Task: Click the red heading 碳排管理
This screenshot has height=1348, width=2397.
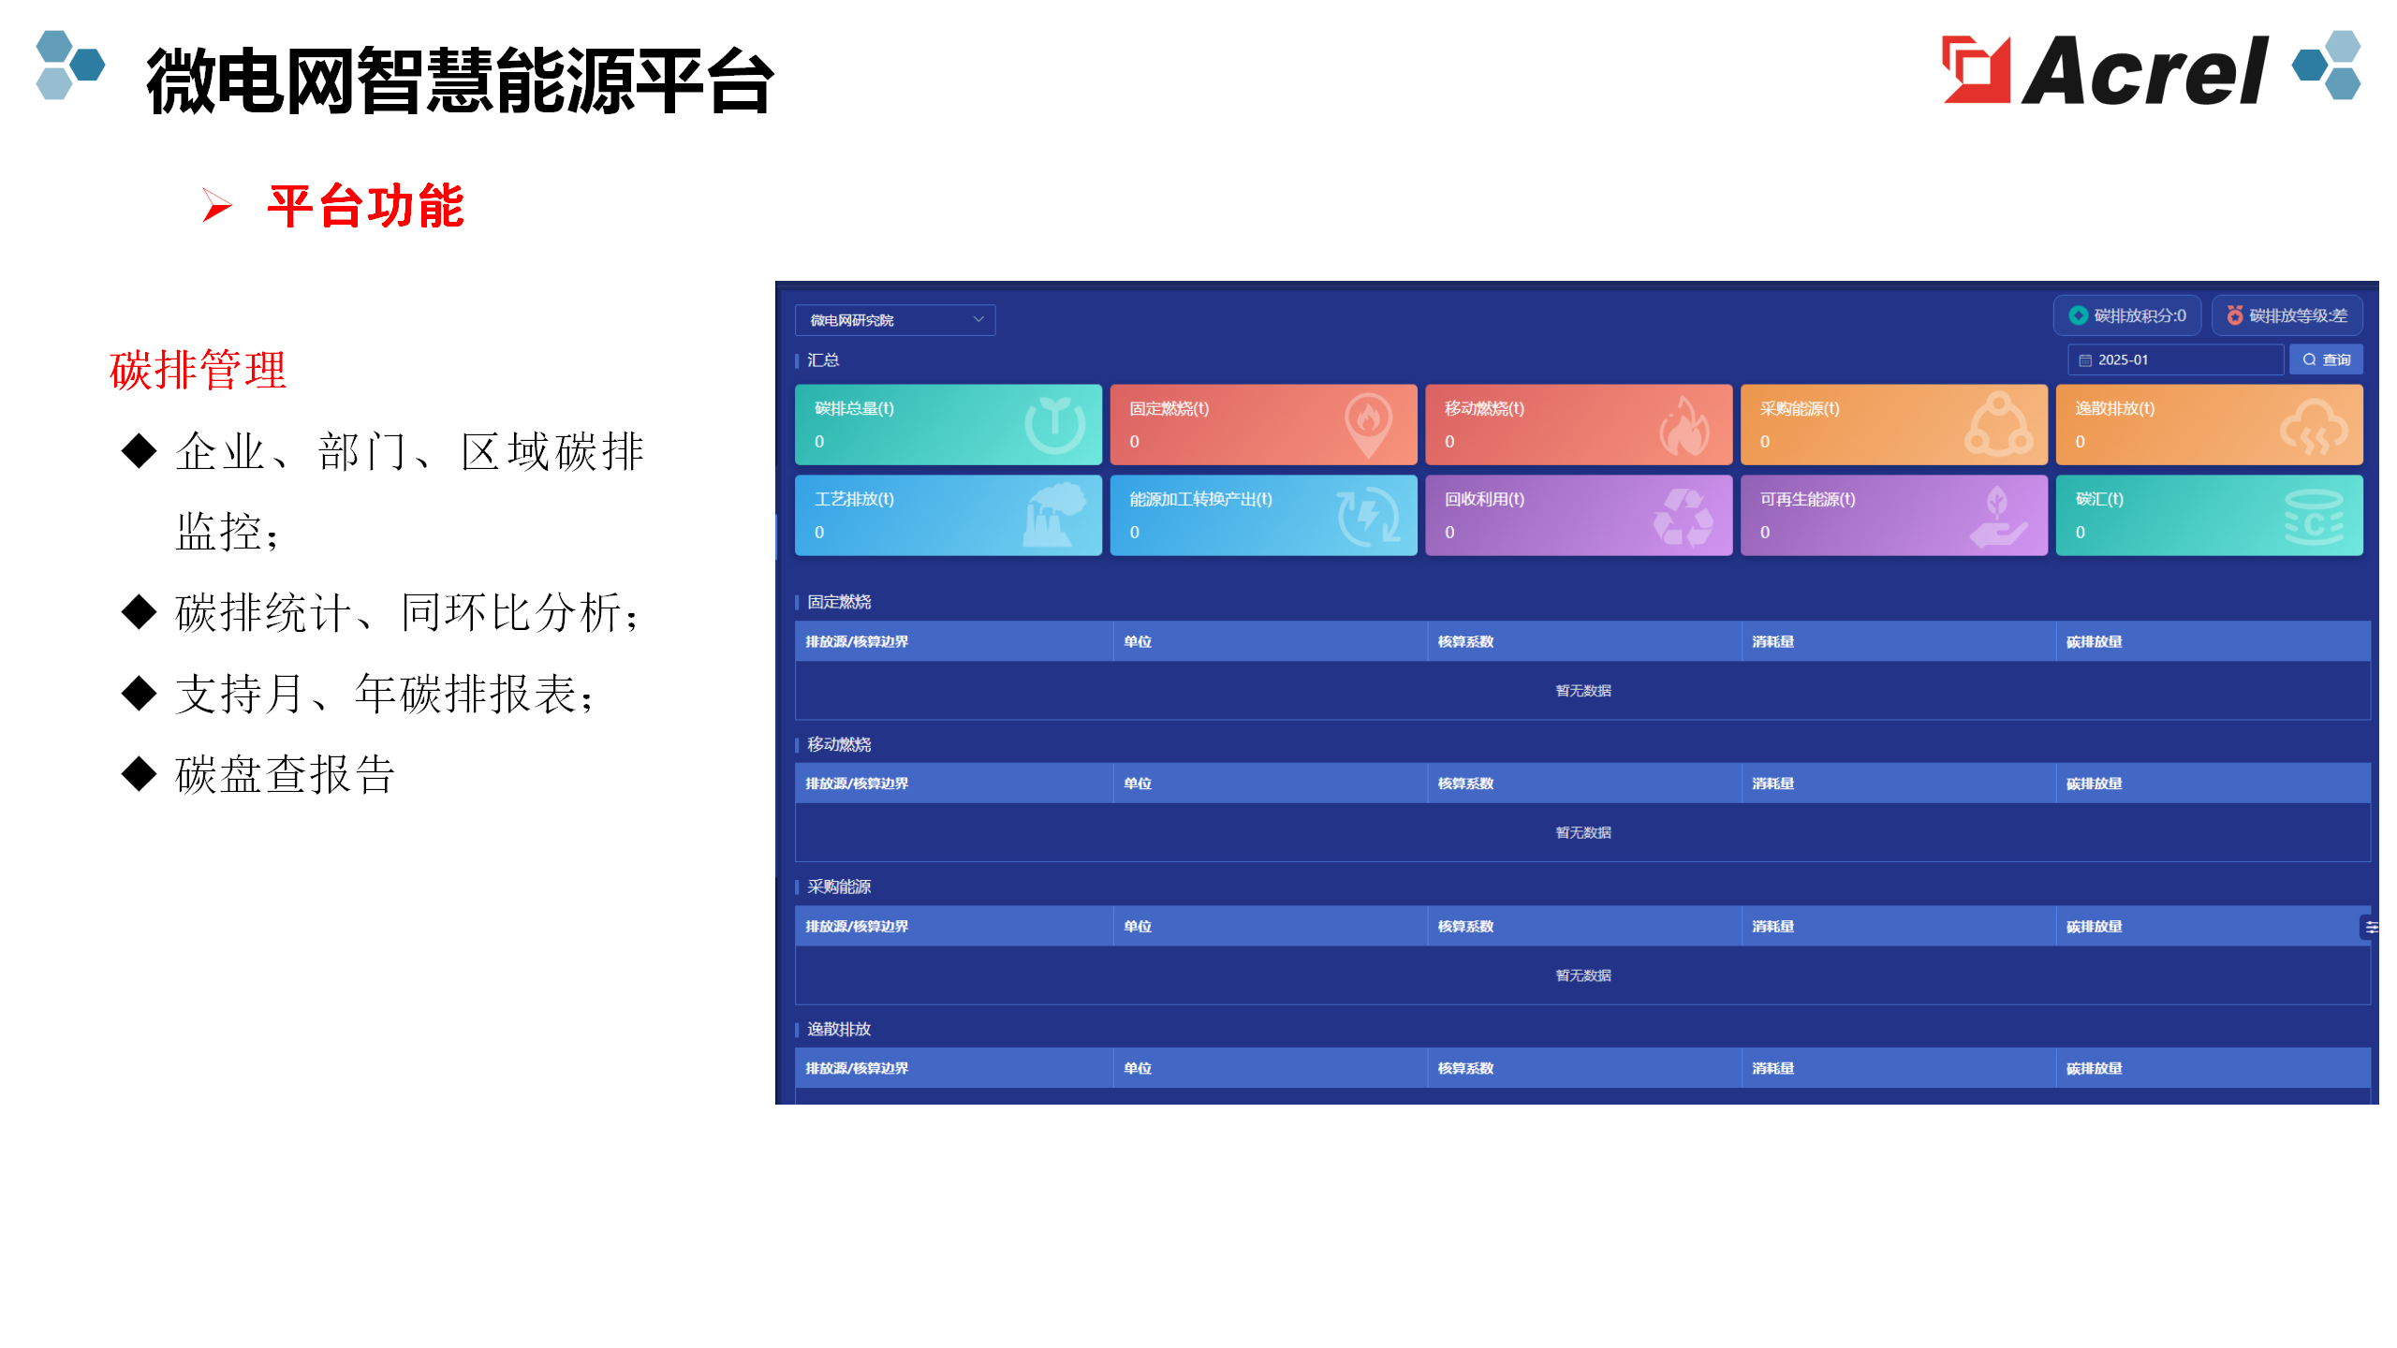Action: click(198, 370)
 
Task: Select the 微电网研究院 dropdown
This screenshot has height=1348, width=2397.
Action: click(894, 320)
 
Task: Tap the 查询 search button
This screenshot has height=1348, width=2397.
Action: click(2326, 359)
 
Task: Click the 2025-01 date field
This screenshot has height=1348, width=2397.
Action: click(2175, 359)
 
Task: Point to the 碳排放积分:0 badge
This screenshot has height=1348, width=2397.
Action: click(2127, 315)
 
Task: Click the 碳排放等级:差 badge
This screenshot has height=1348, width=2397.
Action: click(2287, 315)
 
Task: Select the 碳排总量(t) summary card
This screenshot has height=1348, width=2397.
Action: click(948, 424)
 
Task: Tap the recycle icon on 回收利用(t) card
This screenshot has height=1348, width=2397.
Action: click(1683, 517)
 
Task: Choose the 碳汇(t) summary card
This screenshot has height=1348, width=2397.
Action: click(2209, 515)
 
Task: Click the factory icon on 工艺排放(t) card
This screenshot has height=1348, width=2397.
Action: click(1055, 515)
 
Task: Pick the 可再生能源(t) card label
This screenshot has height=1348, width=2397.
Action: click(1807, 499)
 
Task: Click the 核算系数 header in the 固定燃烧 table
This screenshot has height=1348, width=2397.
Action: click(1465, 641)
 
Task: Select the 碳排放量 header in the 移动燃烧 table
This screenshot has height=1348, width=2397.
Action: click(2094, 784)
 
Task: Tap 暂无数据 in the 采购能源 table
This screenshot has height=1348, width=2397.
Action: click(1583, 975)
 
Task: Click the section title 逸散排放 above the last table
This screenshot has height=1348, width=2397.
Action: click(839, 1029)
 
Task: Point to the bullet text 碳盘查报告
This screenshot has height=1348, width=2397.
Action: click(285, 775)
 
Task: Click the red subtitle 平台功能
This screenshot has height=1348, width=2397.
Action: click(365, 206)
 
